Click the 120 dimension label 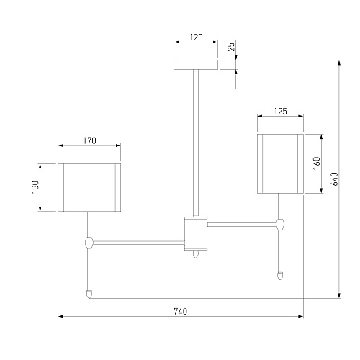pos(196,37)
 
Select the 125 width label pos(280,112)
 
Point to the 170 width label pos(89,140)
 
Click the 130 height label pos(35,187)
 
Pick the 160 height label pos(317,163)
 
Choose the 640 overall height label pos(334,179)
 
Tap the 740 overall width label pos(181,312)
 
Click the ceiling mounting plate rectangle pos(196,65)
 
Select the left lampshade pos(89,187)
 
